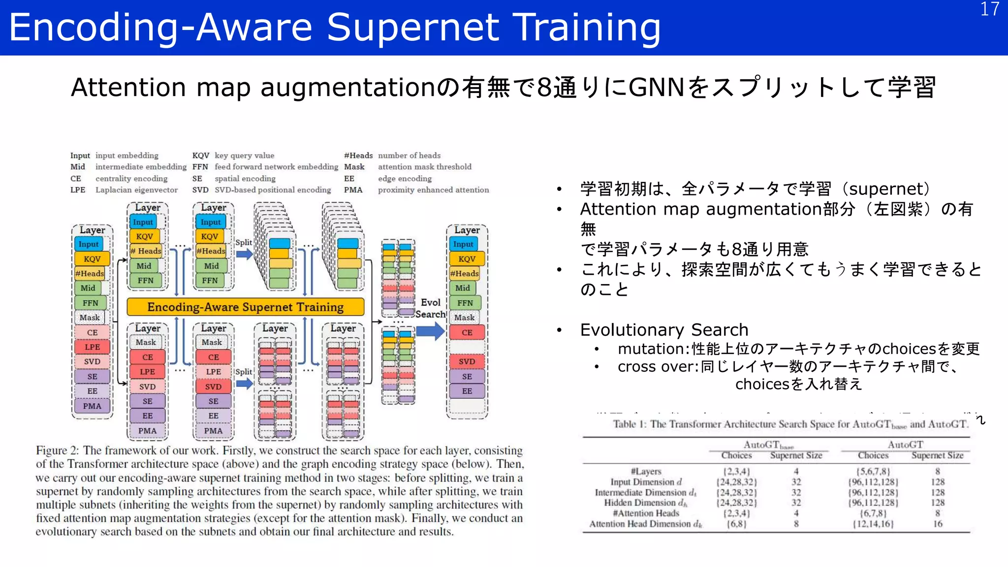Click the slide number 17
point(989,9)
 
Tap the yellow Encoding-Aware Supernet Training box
point(245,307)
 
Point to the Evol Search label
point(431,309)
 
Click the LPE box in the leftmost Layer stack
point(92,347)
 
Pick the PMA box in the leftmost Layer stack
point(92,406)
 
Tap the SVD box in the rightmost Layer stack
point(467,362)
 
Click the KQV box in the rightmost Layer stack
point(467,259)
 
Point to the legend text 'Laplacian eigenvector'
point(136,190)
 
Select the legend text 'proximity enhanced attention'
point(433,190)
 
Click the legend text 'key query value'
point(244,156)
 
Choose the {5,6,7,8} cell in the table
point(873,471)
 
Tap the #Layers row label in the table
point(646,471)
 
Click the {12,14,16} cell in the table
point(873,524)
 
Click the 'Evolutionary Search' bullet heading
point(664,329)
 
